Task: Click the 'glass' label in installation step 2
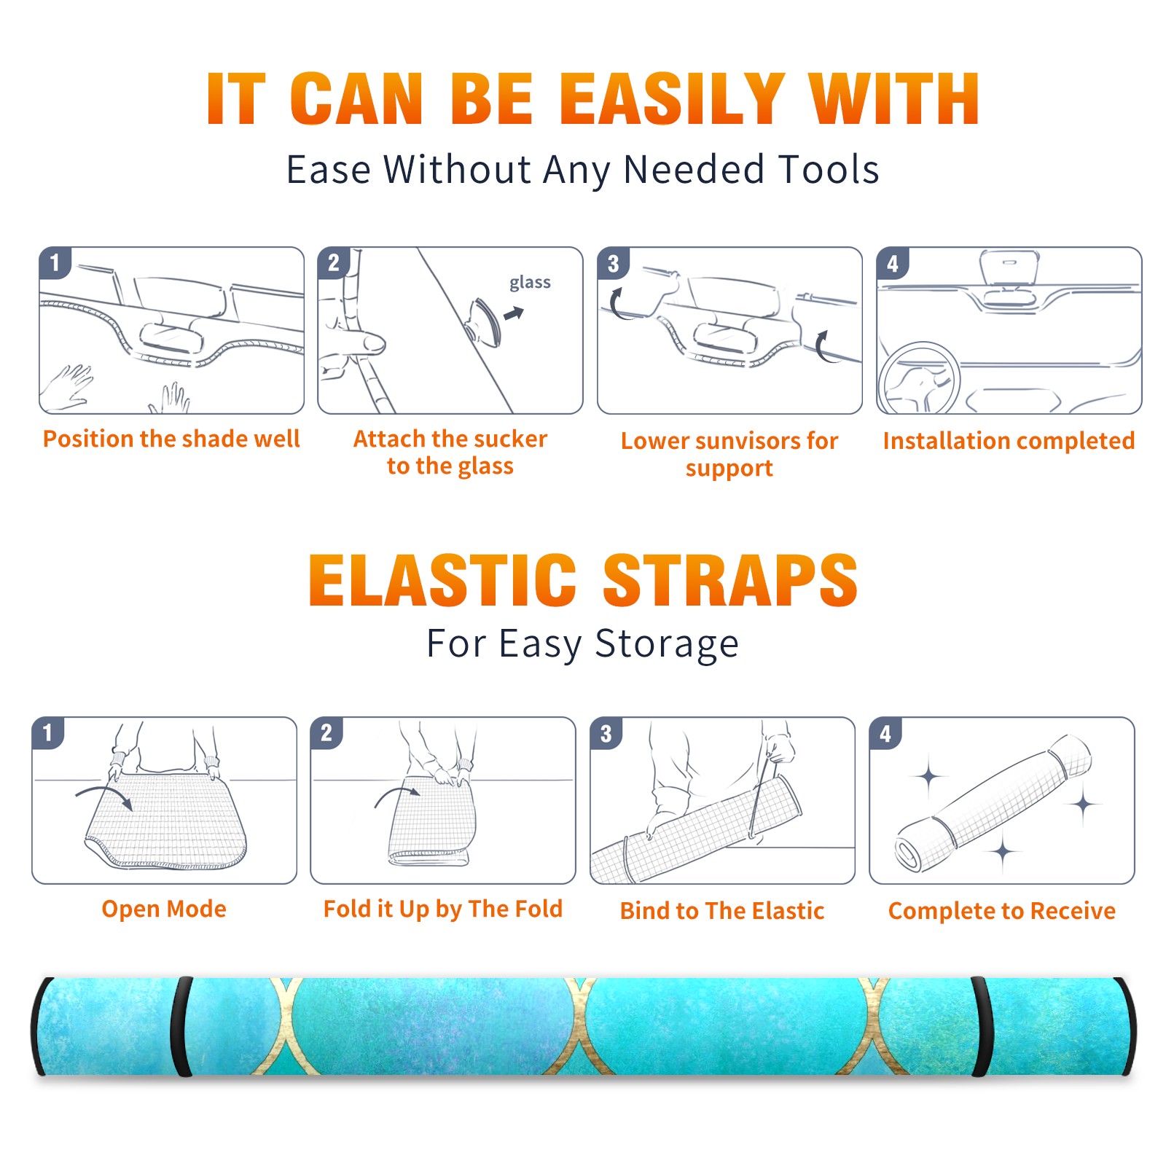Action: (x=530, y=283)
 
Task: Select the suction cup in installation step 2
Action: (x=483, y=321)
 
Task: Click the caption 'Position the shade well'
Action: (x=171, y=439)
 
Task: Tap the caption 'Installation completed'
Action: (x=1009, y=441)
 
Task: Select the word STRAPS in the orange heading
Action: (x=730, y=580)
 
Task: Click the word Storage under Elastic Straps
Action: (x=667, y=644)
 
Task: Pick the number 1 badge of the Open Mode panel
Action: (x=48, y=732)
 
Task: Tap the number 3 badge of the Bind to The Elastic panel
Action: (x=606, y=732)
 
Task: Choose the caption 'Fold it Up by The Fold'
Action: (x=443, y=909)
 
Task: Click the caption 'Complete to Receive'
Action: (x=1002, y=911)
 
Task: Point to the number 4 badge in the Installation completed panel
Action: (x=893, y=263)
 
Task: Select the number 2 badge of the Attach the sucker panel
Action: (x=334, y=263)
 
